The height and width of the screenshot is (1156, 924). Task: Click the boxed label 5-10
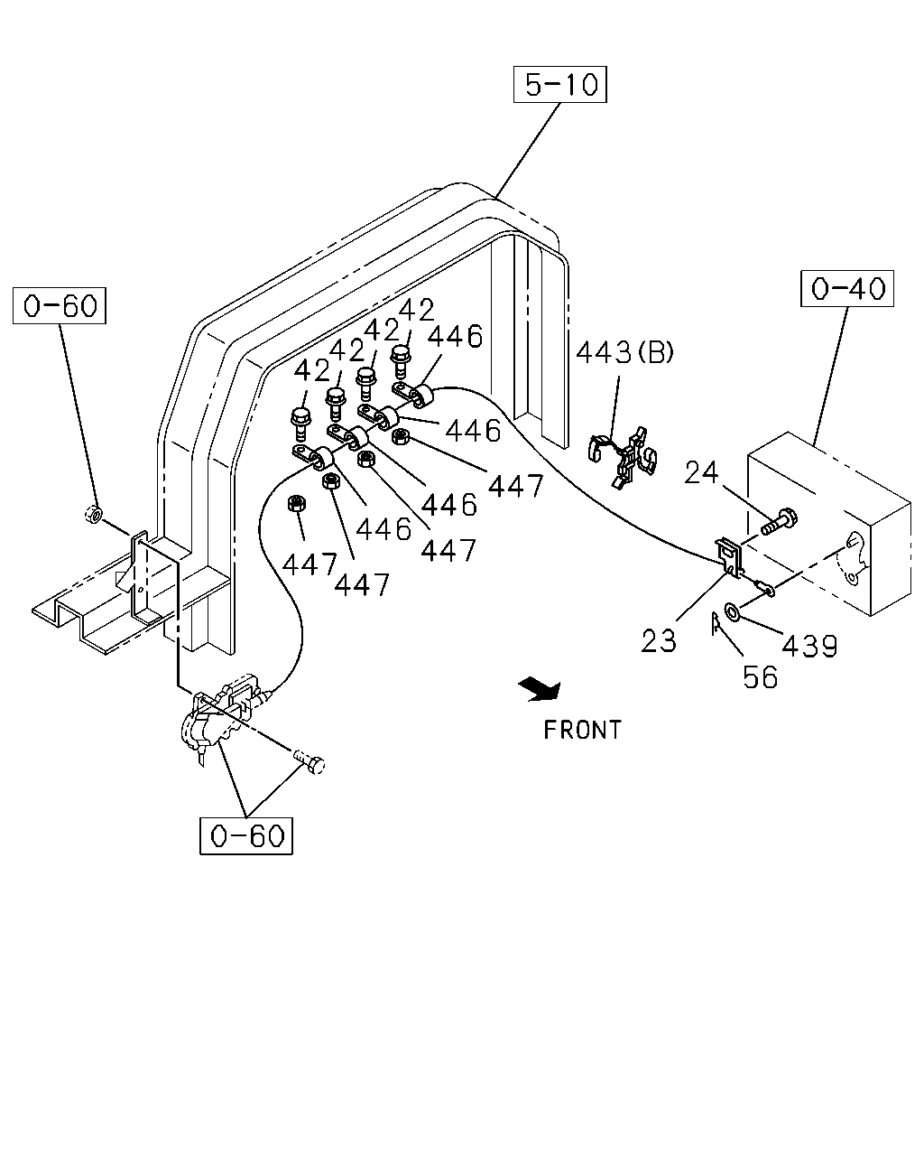pyautogui.click(x=559, y=84)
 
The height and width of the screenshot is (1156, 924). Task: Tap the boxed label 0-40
pyautogui.click(x=846, y=288)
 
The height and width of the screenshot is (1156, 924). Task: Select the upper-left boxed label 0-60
pyautogui.click(x=59, y=305)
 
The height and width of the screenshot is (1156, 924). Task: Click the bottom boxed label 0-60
pyautogui.click(x=246, y=836)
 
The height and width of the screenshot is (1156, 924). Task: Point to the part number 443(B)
pyautogui.click(x=624, y=353)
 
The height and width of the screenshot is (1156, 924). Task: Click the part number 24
pyautogui.click(x=700, y=472)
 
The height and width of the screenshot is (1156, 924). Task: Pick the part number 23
pyautogui.click(x=658, y=641)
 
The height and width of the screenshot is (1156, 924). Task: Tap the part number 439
pyautogui.click(x=809, y=646)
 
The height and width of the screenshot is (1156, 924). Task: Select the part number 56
pyautogui.click(x=761, y=677)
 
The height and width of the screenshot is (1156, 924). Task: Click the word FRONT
pyautogui.click(x=583, y=730)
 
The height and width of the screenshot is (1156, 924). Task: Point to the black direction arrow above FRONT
pyautogui.click(x=541, y=690)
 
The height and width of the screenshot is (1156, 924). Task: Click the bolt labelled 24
pyautogui.click(x=780, y=520)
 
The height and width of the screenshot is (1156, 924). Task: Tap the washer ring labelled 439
pyautogui.click(x=732, y=610)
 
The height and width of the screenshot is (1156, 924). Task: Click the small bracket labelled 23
pyautogui.click(x=730, y=558)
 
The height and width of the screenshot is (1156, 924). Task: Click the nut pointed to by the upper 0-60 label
pyautogui.click(x=94, y=514)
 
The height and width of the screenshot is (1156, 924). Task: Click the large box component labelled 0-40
pyautogui.click(x=829, y=524)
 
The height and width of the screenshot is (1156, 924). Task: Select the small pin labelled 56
pyautogui.click(x=716, y=623)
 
